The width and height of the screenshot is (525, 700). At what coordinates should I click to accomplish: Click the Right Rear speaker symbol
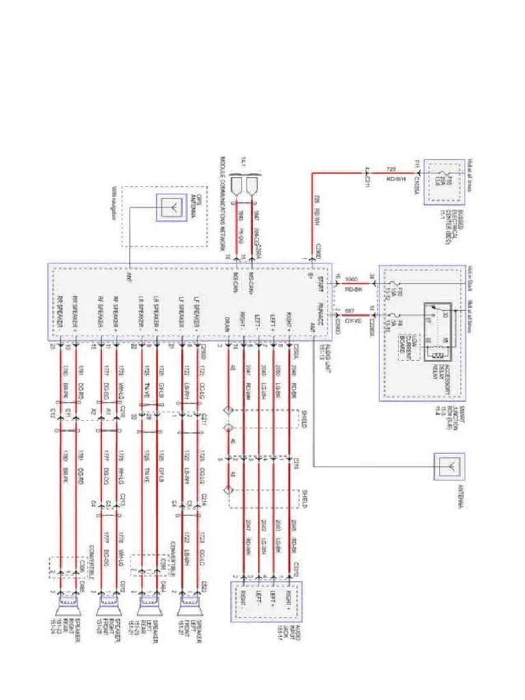(69, 604)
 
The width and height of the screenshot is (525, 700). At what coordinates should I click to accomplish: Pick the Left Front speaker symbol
(189, 604)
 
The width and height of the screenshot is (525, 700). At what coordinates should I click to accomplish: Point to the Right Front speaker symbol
(109, 604)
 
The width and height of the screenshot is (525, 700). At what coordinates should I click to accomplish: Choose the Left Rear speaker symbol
(148, 604)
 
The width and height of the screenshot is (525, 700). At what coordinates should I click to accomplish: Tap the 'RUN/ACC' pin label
(320, 314)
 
